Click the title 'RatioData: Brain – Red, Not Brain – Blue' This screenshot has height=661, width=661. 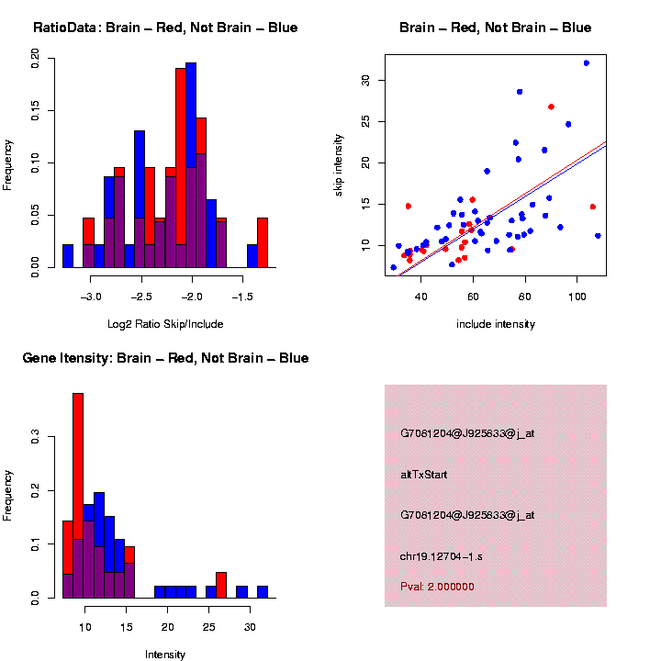point(165,28)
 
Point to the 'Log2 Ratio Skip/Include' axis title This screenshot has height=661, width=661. point(165,324)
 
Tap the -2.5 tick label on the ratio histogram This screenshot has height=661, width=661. point(141,298)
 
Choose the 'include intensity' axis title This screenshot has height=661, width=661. point(496,324)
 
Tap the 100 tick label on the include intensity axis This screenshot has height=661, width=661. point(577,298)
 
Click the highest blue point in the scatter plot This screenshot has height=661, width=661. point(586,63)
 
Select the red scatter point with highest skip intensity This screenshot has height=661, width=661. point(551,106)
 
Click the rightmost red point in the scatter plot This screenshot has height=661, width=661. point(593,207)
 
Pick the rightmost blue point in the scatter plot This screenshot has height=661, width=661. point(598,236)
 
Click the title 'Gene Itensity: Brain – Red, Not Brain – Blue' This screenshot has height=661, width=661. point(165,358)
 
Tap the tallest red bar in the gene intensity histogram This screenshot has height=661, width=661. point(78,496)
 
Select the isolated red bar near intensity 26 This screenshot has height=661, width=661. point(221,585)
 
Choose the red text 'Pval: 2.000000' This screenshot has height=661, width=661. point(437,586)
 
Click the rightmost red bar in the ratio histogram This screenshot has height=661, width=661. point(263,243)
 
